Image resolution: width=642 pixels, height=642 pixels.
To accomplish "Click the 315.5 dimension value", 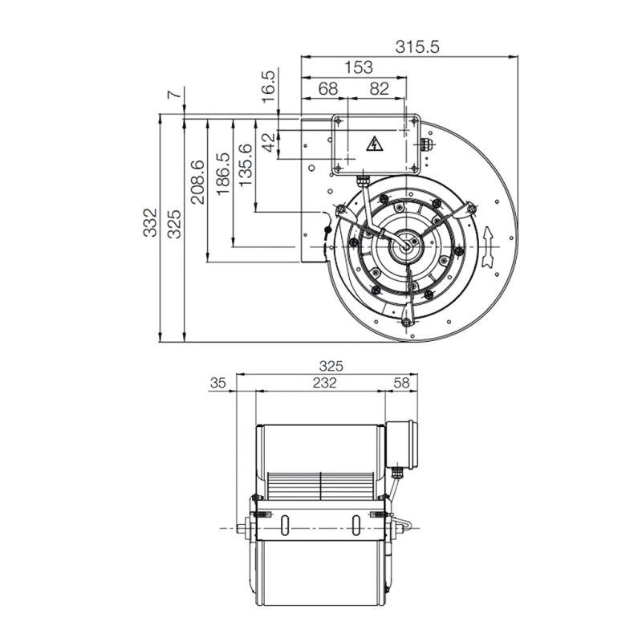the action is [x=416, y=47].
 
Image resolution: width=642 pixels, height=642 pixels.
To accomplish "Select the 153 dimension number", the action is [x=358, y=67].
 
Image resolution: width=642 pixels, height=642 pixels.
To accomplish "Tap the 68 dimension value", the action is [x=328, y=88].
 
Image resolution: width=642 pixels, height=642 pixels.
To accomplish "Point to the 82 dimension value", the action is [x=379, y=88].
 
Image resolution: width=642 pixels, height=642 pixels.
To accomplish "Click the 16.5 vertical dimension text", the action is [x=268, y=87].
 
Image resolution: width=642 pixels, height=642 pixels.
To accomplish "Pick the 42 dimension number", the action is [x=269, y=142].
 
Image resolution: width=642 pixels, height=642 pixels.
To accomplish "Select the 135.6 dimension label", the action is [x=246, y=165].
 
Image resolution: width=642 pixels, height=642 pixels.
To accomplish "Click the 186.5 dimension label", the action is [x=223, y=174].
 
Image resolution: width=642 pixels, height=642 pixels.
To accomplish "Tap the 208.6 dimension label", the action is [x=197, y=182].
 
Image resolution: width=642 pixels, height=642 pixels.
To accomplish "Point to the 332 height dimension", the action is [x=150, y=222].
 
